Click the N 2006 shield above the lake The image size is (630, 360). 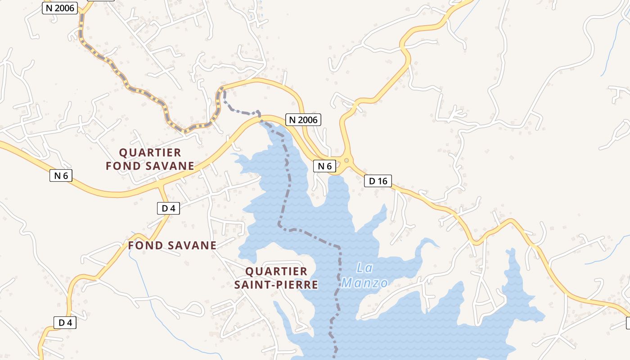[303, 120]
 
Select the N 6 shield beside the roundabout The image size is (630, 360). [324, 166]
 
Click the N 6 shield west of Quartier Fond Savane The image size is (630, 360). [61, 175]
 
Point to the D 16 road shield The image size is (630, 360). [378, 181]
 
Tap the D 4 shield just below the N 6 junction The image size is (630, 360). [168, 208]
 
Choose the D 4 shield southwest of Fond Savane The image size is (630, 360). [65, 322]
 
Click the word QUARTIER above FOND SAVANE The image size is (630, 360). [150, 153]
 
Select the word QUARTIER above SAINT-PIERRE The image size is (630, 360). [276, 271]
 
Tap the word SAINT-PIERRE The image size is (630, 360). [276, 285]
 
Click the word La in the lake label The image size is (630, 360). [364, 268]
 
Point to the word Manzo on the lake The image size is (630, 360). [364, 283]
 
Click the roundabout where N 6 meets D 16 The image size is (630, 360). [346, 160]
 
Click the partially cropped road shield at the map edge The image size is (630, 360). [628, 322]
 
